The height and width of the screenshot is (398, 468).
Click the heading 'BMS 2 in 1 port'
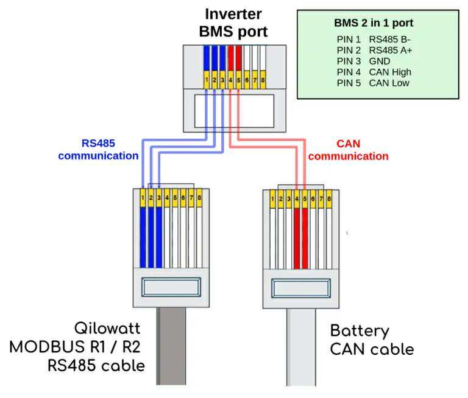tap(374, 23)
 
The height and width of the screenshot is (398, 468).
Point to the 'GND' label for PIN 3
tap(380, 61)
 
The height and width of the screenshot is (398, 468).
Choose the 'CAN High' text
tap(390, 72)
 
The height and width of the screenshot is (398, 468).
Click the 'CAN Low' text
tap(389, 83)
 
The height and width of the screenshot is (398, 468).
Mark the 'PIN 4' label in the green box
tap(349, 72)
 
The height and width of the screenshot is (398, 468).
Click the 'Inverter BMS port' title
tap(233, 23)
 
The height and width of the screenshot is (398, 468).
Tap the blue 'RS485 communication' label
tap(98, 150)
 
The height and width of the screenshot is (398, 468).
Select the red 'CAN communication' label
tap(348, 150)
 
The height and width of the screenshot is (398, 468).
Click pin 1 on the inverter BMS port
tap(207, 80)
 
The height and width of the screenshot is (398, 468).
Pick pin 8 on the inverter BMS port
tap(263, 80)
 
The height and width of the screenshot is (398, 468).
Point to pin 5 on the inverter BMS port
tap(239, 80)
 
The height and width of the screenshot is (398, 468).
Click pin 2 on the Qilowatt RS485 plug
tap(151, 198)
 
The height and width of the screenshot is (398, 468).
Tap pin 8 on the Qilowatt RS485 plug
tap(199, 198)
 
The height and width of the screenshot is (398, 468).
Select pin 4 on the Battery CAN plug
tap(297, 198)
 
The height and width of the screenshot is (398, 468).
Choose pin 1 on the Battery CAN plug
tap(272, 198)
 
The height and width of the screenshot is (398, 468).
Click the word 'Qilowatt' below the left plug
tap(107, 329)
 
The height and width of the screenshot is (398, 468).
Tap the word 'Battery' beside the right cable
tap(360, 331)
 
